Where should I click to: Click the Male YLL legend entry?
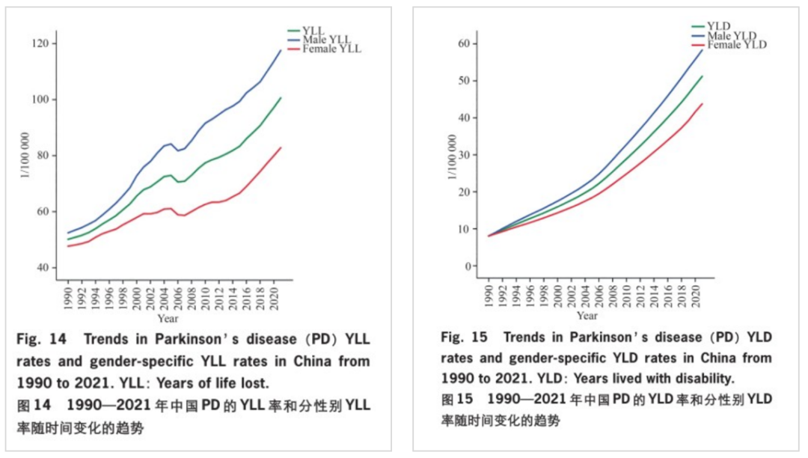(319, 40)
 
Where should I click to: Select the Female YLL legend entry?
(325, 49)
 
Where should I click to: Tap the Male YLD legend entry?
(724, 36)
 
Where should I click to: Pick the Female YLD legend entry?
(729, 45)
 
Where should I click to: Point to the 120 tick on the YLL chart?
(40, 43)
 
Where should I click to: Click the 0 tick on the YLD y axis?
(468, 266)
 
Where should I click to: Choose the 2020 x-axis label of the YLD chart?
(696, 296)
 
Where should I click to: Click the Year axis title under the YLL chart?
(168, 318)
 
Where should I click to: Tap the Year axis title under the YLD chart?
(587, 315)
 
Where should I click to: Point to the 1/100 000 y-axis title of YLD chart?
(453, 156)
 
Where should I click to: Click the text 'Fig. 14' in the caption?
(42, 339)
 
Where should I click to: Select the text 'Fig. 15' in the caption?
(464, 338)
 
